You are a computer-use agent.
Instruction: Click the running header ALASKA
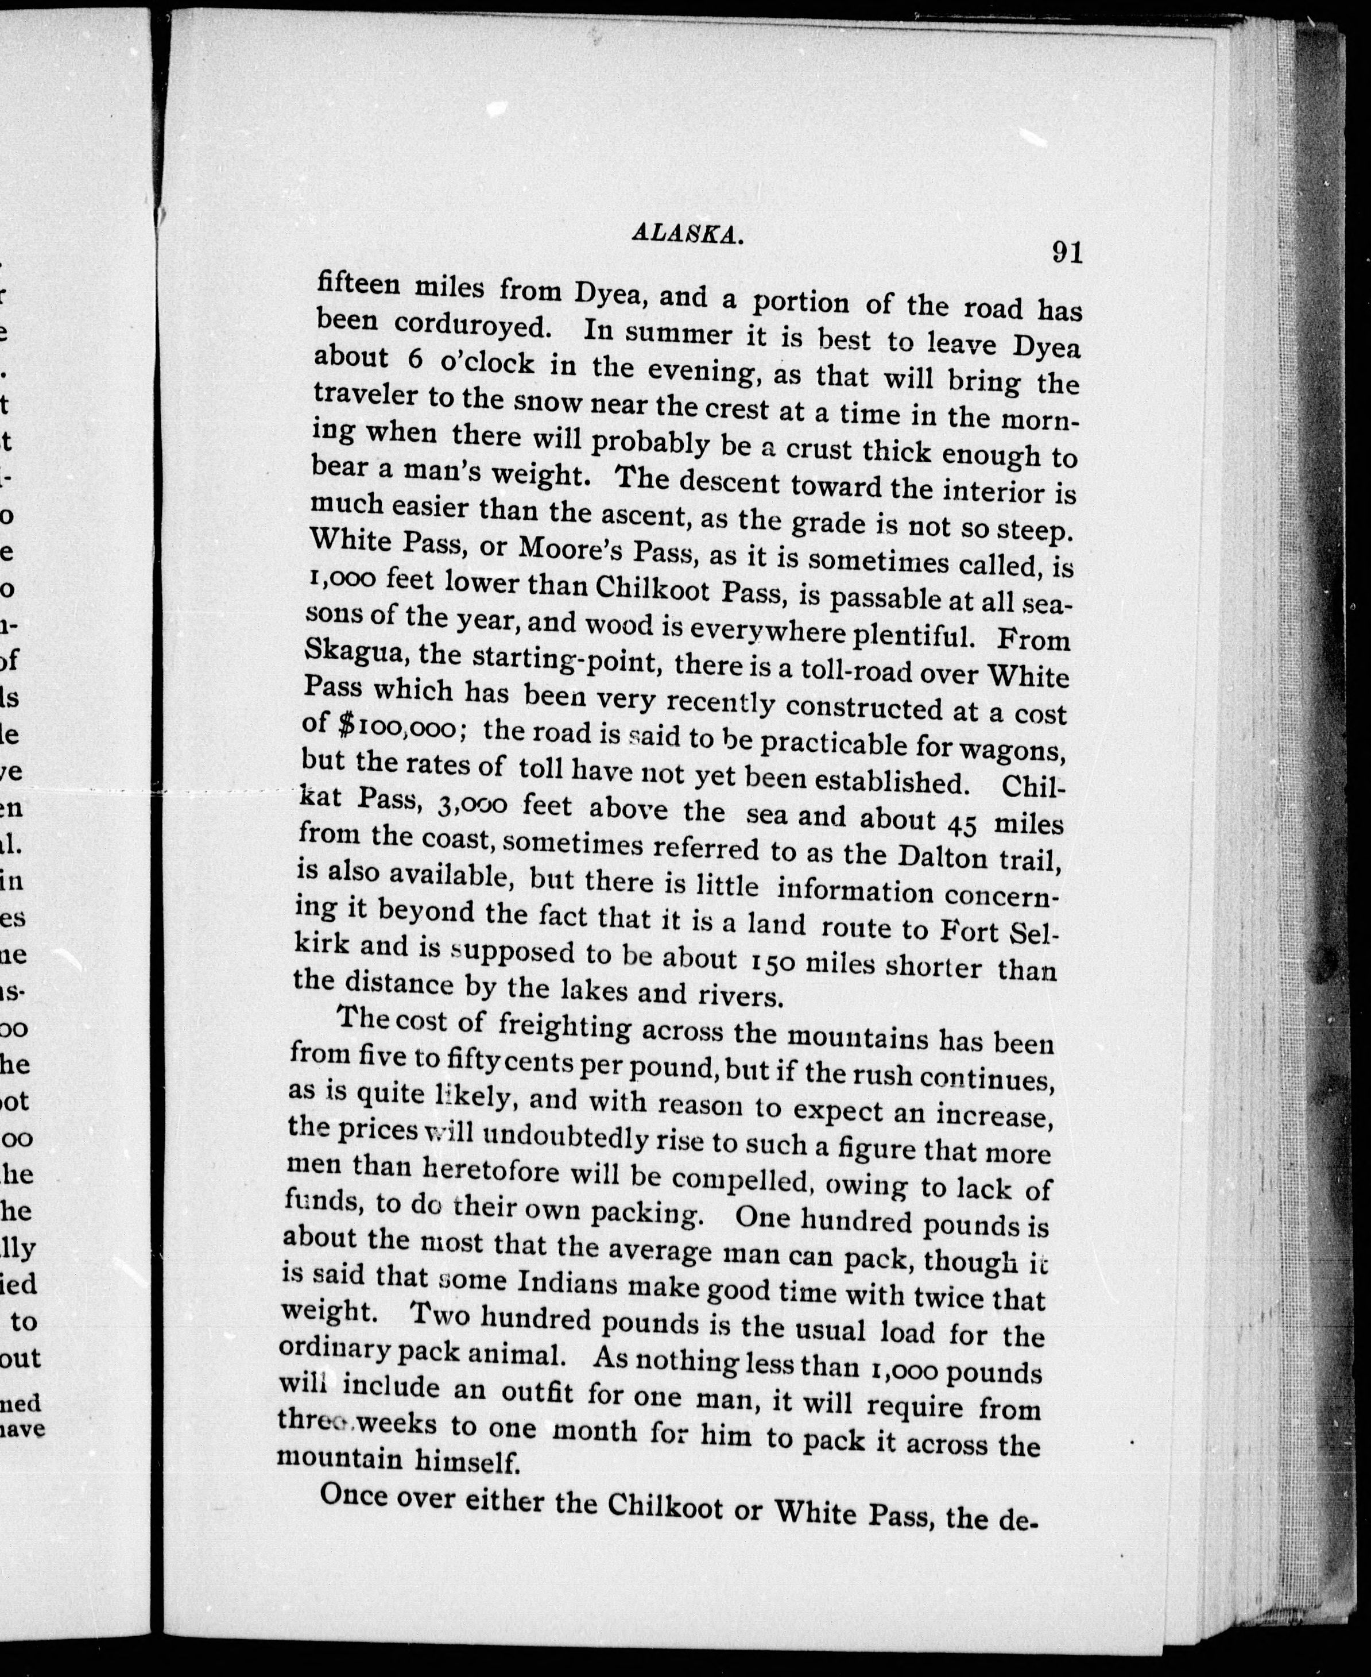[687, 233]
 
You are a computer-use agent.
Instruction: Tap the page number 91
[1066, 252]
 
